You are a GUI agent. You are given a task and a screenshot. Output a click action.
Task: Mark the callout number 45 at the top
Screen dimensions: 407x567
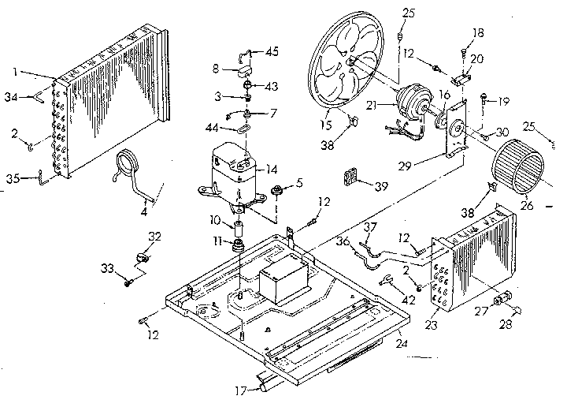click(x=272, y=53)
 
